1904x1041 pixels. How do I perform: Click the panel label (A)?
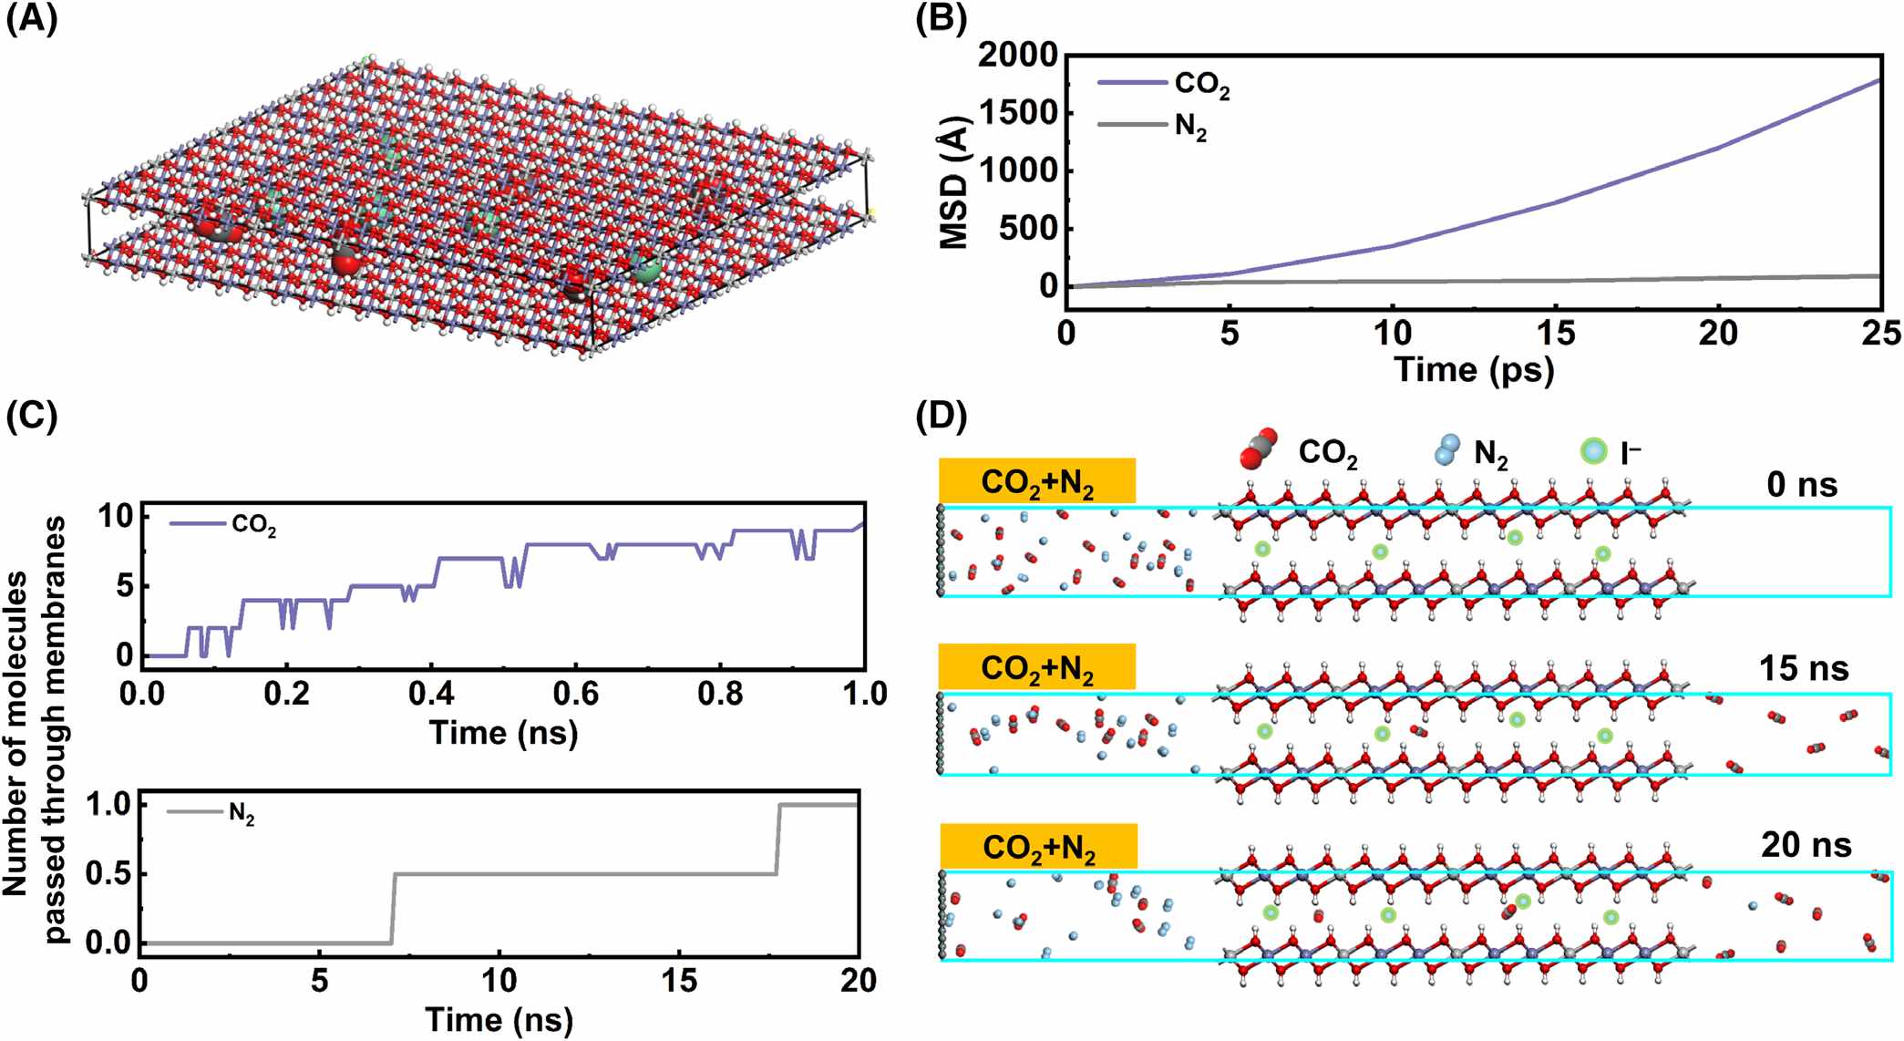31,18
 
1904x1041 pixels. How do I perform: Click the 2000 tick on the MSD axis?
1017,57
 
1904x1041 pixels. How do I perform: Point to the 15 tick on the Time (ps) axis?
1555,334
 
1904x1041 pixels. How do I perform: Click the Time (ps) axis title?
1474,370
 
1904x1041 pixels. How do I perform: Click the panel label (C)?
31,416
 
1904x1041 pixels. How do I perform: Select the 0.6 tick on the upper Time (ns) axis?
576,695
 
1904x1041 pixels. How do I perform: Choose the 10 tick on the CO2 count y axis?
117,517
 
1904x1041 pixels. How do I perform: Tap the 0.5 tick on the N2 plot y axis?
108,874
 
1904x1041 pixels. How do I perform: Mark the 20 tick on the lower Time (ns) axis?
858,982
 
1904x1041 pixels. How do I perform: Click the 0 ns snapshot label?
1801,485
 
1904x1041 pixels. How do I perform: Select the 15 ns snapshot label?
1803,669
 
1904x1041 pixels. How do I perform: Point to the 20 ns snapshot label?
1806,846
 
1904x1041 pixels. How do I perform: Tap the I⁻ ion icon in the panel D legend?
1593,451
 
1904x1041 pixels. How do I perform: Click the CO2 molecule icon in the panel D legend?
1259,449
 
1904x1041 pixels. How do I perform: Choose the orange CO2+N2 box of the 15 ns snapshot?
1036,667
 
